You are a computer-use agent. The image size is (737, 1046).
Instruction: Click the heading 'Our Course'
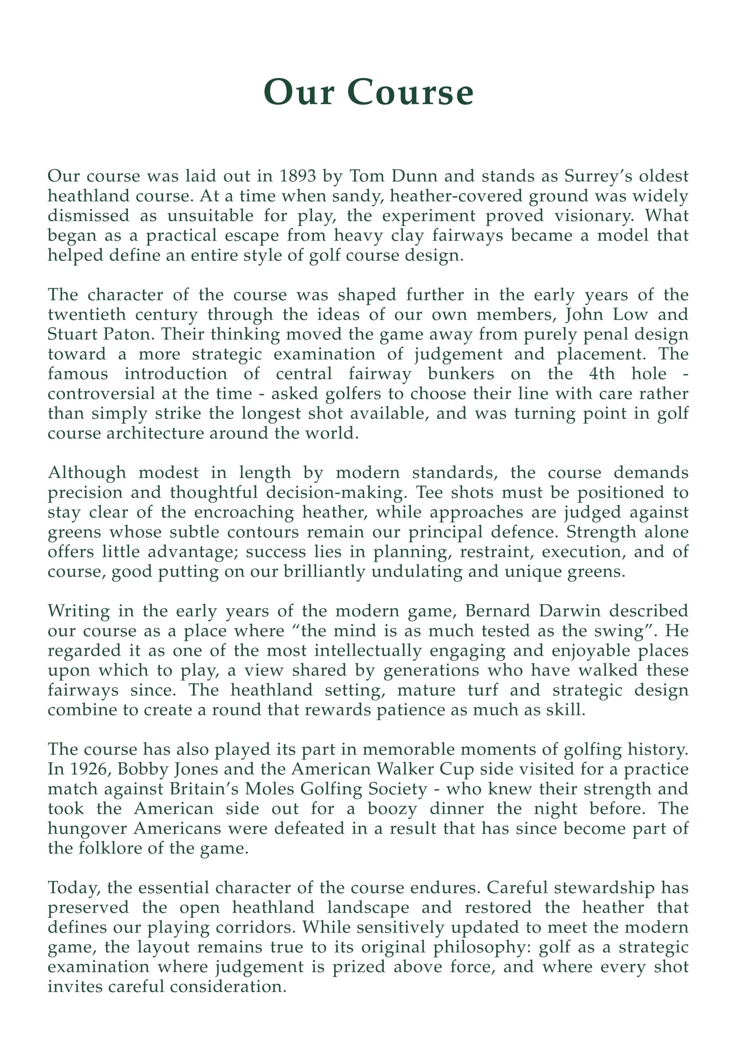(368, 92)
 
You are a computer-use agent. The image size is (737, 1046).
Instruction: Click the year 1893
(297, 176)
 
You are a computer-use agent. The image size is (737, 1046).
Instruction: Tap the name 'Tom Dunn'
(394, 176)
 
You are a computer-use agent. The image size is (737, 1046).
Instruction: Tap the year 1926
(90, 769)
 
